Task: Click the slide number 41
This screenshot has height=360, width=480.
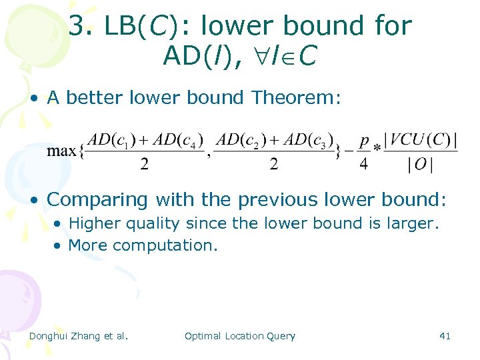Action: [x=445, y=336]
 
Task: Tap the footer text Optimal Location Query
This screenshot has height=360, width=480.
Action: [x=239, y=336]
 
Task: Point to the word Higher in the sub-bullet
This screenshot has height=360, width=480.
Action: [x=93, y=223]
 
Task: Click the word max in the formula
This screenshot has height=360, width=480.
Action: [x=61, y=151]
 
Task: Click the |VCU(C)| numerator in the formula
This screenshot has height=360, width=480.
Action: [x=423, y=139]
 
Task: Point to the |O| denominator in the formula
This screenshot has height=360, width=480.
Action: [x=419, y=165]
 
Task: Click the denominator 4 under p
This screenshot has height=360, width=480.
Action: [x=363, y=164]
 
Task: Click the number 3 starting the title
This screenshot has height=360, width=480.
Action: [x=77, y=27]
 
